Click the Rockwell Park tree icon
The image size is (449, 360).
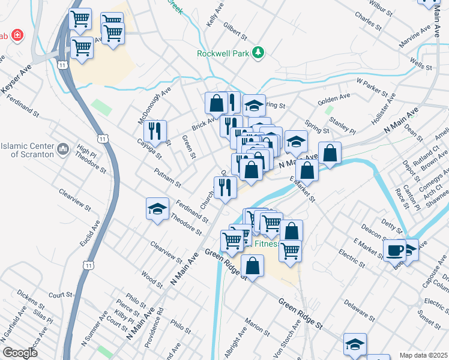(259, 53)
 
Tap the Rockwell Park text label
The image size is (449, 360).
(223, 53)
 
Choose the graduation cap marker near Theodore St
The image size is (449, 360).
(157, 209)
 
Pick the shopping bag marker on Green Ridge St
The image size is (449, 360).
(253, 266)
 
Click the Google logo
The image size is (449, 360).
(20, 353)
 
